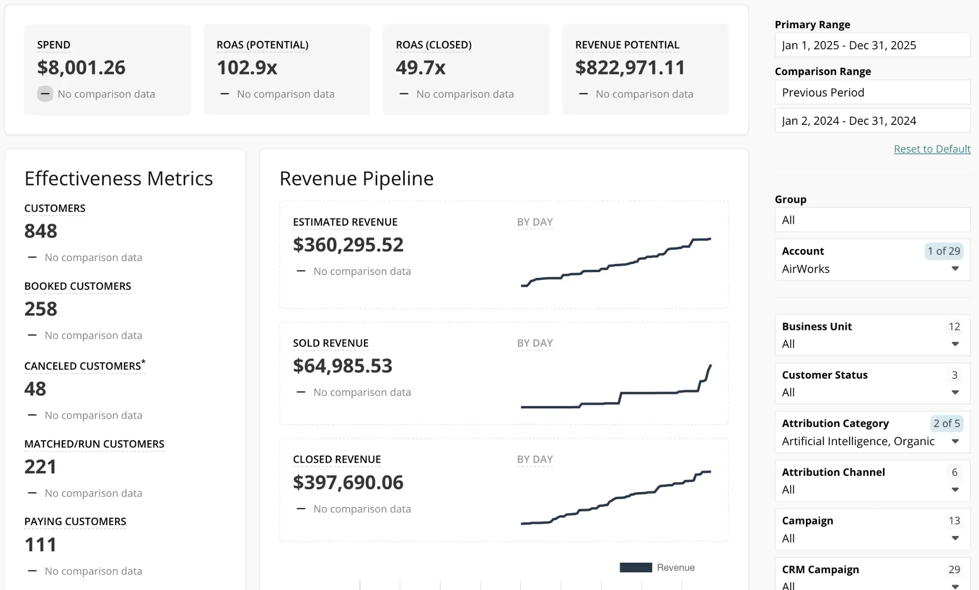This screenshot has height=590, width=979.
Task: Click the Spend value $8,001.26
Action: coord(81,67)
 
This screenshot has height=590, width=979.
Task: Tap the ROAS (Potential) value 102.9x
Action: coord(247,67)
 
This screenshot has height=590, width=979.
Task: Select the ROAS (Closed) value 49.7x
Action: coord(420,67)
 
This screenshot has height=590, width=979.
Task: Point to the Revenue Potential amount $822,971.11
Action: coord(630,67)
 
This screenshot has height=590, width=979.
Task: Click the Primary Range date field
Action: coord(872,45)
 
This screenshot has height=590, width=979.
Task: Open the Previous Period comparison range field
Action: coord(872,92)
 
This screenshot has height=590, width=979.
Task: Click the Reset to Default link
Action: coord(932,149)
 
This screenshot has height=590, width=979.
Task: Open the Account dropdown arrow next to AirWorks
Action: coord(955,269)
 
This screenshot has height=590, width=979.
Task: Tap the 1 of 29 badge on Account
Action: coord(943,251)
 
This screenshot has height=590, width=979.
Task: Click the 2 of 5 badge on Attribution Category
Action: coord(946,423)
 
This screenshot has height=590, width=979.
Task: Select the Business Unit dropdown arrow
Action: coord(955,344)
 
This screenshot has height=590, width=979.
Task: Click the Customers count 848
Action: coord(41,231)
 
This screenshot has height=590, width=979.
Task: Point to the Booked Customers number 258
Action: coord(41,309)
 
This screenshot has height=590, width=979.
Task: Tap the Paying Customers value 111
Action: coord(40,545)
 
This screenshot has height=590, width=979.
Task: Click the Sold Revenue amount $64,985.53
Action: coord(342,366)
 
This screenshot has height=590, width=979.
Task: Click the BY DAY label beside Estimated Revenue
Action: coord(534,222)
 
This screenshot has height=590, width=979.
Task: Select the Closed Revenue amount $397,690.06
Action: coord(348,482)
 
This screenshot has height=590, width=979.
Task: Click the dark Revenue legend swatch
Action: coord(635,568)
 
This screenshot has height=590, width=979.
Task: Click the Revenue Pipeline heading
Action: coord(356,178)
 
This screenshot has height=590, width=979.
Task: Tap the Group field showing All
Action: coord(872,220)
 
